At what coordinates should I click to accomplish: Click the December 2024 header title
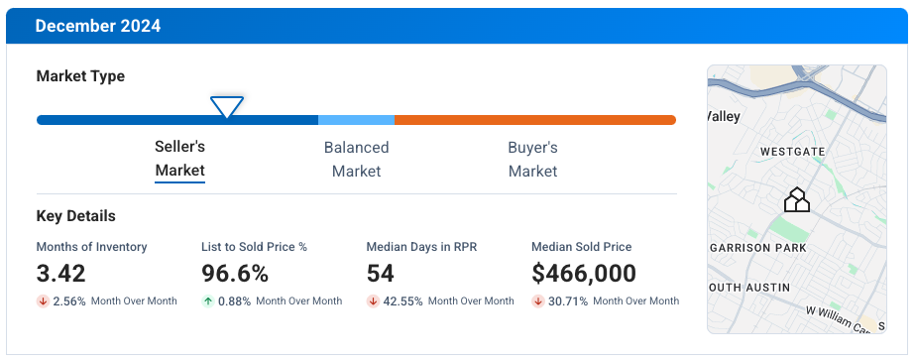click(x=97, y=26)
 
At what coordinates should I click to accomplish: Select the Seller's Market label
click(x=179, y=159)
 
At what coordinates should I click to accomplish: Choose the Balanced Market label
click(x=356, y=159)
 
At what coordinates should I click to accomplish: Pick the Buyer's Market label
click(x=532, y=159)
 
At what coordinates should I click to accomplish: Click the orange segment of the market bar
click(x=535, y=120)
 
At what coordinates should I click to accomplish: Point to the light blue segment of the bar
click(x=356, y=120)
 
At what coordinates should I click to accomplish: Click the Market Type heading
click(x=80, y=76)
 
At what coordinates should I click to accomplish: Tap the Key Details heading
click(x=75, y=216)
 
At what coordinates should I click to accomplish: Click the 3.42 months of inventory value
click(x=61, y=274)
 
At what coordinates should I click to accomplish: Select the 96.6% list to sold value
click(x=235, y=274)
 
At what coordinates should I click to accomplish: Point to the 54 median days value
click(x=381, y=274)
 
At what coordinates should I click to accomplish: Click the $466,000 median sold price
click(x=584, y=274)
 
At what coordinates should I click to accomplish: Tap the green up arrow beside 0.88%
click(x=208, y=301)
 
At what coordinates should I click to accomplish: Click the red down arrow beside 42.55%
click(x=373, y=301)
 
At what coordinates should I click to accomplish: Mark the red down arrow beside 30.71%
click(x=538, y=301)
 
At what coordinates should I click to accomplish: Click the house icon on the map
click(x=797, y=200)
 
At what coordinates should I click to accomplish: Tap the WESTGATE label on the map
click(x=792, y=152)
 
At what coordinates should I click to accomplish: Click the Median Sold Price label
click(x=581, y=247)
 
